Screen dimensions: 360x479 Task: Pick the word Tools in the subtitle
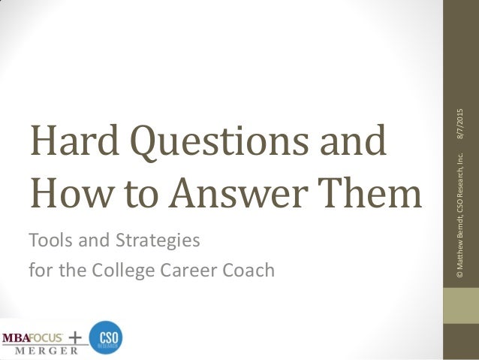pos(49,241)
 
